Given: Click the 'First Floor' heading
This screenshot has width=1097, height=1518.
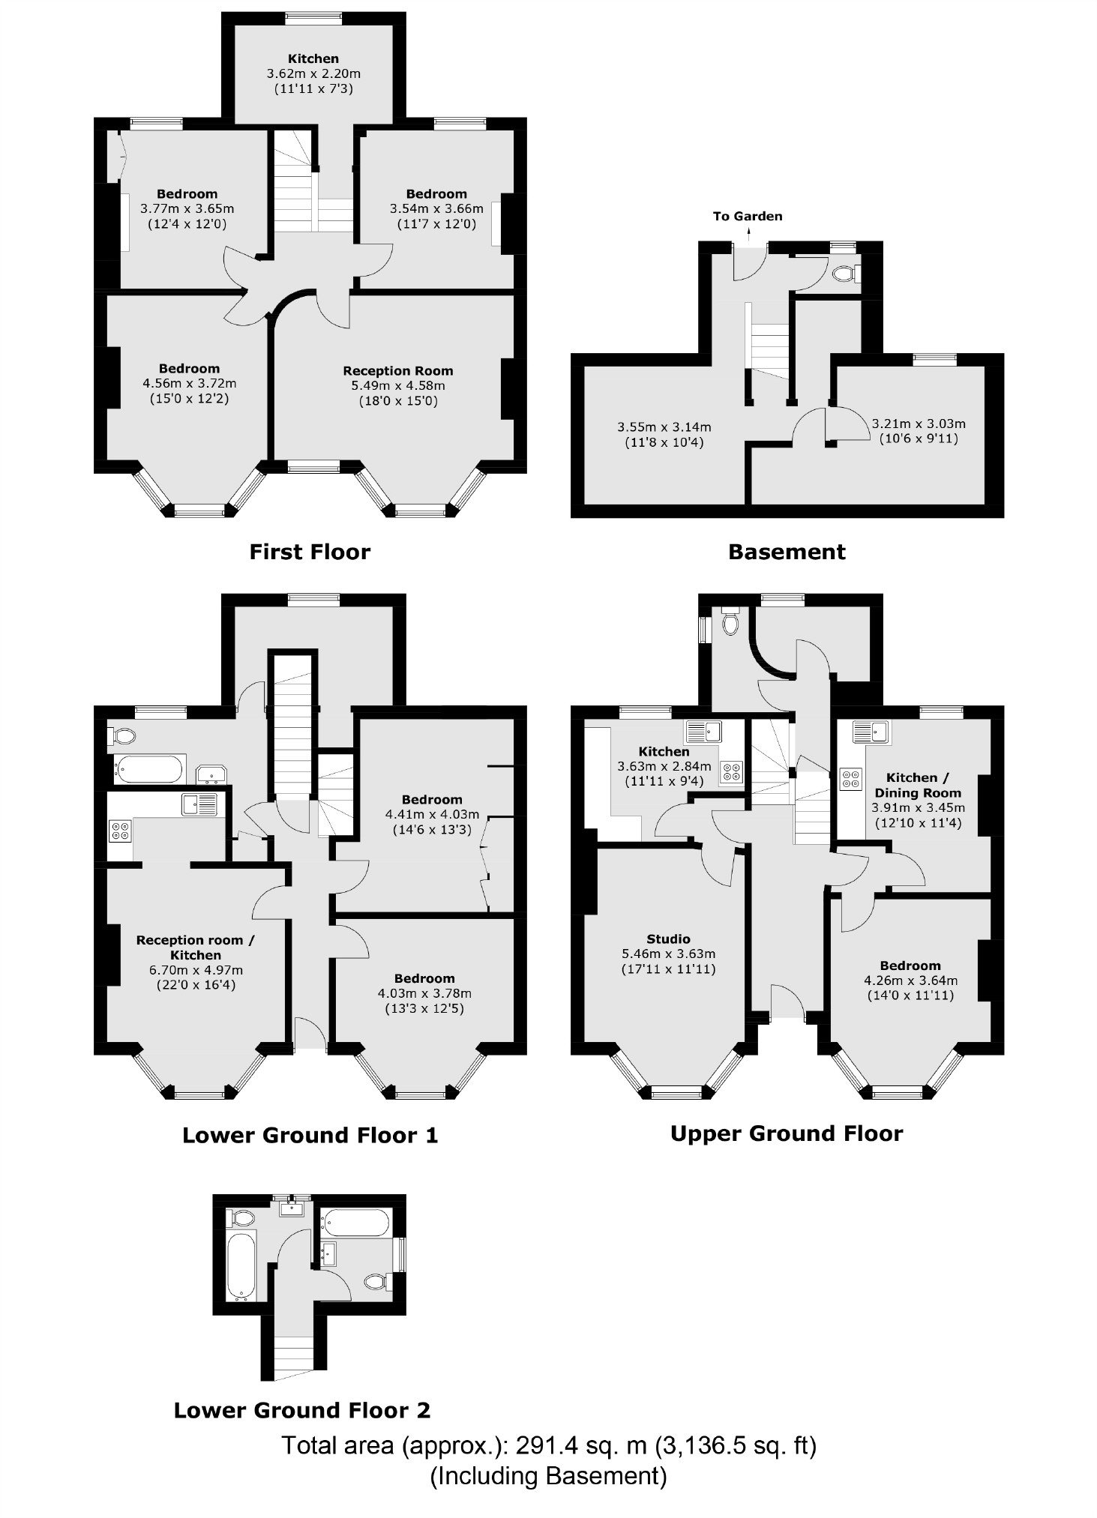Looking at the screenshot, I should click(310, 552).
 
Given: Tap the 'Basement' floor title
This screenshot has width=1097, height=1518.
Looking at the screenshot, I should click(787, 552).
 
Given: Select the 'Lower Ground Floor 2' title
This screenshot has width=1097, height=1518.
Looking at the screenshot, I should click(302, 1410).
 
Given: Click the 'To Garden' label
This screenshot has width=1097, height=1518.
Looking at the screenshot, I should click(747, 217).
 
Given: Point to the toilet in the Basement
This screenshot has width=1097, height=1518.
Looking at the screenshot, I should click(846, 274).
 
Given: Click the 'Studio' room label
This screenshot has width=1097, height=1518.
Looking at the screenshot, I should click(668, 939).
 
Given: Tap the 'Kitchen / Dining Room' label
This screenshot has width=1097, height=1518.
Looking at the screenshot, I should click(917, 785).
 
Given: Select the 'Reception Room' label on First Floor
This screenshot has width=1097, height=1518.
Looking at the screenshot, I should click(397, 371).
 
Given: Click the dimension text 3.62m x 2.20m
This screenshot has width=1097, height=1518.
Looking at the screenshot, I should click(313, 73).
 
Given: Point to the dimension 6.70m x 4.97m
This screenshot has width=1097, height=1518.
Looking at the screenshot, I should click(195, 970).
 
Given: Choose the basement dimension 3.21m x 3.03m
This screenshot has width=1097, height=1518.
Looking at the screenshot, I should click(919, 424).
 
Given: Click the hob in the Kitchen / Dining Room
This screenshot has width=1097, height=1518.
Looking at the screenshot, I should click(850, 779).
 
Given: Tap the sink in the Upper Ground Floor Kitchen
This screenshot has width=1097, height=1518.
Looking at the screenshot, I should click(703, 731).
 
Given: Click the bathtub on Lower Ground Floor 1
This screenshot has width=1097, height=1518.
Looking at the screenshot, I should click(148, 769).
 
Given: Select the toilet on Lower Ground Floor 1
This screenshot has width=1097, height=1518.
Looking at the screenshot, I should click(123, 737).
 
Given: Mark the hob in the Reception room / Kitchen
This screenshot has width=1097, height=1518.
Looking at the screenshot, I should click(120, 831).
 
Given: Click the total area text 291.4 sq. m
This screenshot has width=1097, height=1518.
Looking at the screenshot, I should click(548, 1445).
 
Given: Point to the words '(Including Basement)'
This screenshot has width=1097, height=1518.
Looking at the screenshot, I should click(548, 1476).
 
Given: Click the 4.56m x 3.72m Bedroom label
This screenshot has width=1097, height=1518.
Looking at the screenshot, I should click(189, 383).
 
